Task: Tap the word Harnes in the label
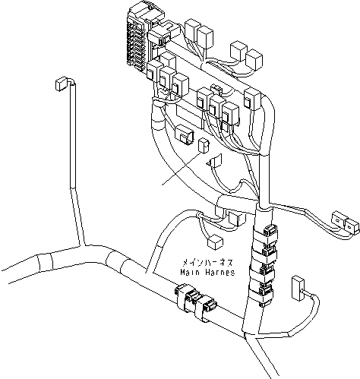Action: pyautogui.click(x=219, y=271)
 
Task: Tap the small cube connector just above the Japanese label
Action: pyautogui.click(x=216, y=241)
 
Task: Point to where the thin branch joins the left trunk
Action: pyautogui.click(x=82, y=245)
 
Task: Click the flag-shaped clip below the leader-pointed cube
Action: pyautogui.click(x=215, y=160)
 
